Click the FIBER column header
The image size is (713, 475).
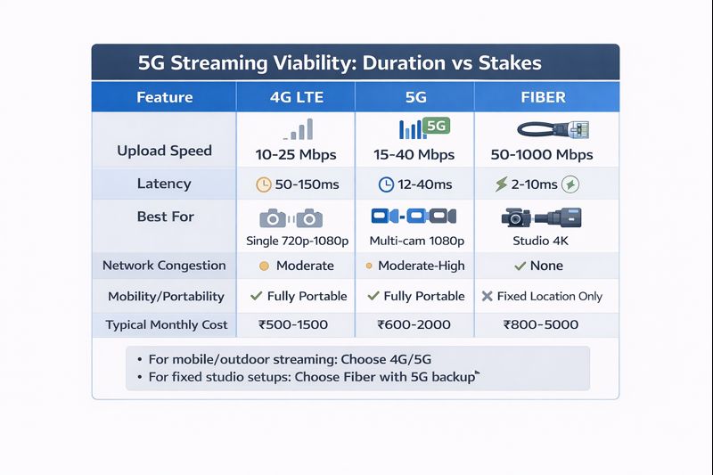(542, 97)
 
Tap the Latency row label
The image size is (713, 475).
(164, 184)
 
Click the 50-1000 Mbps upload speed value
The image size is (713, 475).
(542, 155)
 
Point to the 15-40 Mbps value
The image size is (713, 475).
(415, 155)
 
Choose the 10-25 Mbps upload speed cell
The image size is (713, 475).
(296, 155)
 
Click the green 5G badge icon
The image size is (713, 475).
(436, 127)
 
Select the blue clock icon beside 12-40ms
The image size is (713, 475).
(386, 185)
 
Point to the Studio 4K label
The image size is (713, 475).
(541, 241)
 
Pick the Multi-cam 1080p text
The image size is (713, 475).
(416, 241)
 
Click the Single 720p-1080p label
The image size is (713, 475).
(297, 241)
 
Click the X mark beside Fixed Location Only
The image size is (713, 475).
(487, 296)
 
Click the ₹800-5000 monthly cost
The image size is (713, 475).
(540, 325)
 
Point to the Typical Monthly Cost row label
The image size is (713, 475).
(167, 325)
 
